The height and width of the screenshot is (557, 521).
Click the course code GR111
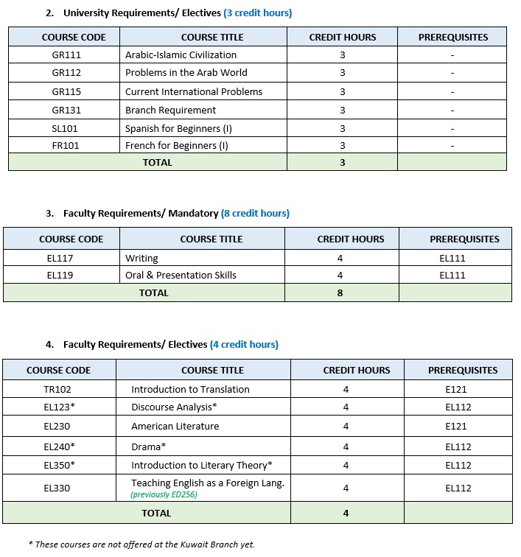pos(66,55)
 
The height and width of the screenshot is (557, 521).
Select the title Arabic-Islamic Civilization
pos(181,55)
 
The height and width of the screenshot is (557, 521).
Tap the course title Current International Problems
pos(194,91)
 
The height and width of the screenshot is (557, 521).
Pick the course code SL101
pos(66,128)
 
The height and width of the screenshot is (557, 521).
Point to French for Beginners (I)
pos(177,146)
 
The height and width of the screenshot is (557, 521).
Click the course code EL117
pos(60,258)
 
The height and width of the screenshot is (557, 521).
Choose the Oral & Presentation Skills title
pos(181,275)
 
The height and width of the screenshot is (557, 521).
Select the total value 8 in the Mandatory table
pos(341,292)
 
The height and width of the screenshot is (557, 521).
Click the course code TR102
pos(57,389)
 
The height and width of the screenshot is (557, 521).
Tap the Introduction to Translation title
pos(190,389)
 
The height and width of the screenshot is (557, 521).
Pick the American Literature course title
pos(175,426)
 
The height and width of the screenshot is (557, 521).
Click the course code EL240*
pos(59,446)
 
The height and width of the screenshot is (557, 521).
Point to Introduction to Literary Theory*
pos(202,465)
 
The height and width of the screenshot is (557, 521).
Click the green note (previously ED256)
pos(164,494)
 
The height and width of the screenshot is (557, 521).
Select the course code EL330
pos(57,488)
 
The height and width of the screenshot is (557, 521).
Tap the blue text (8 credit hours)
pos(255,214)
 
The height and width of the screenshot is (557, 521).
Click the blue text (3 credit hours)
pos(257,13)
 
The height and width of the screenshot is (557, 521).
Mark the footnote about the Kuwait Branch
pos(141,544)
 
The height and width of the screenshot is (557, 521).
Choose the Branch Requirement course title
pos(170,110)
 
